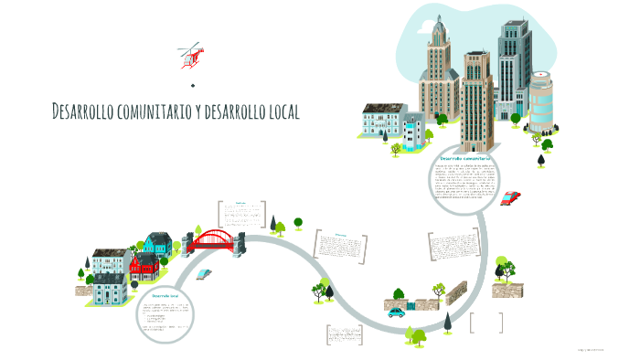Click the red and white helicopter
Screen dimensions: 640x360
191,54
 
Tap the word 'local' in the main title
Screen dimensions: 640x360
279,111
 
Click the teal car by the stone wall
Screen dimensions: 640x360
396,312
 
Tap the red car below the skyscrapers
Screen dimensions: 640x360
510,196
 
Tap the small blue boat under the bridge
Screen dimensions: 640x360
205,273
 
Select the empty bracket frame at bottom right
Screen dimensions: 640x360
486,323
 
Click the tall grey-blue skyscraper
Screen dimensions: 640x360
513,69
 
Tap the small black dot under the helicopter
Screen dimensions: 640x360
194,85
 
